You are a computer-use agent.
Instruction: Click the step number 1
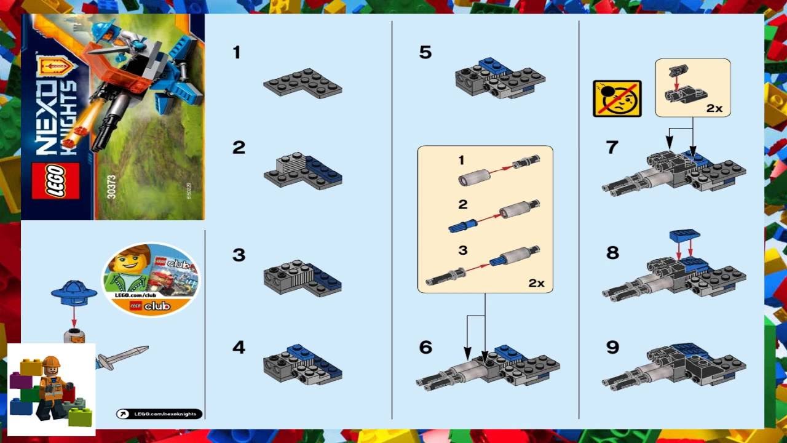pos(237,52)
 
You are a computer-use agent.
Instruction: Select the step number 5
pos(425,52)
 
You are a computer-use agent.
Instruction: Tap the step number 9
pos(612,347)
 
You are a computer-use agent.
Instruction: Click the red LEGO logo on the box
pos(55,182)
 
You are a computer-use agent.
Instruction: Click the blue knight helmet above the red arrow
pos(74,291)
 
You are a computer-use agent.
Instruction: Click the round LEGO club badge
pos(151,279)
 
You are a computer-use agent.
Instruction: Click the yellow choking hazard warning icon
pos(617,98)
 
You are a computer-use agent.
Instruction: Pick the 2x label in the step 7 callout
pos(714,108)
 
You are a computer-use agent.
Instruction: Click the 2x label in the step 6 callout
pos(536,283)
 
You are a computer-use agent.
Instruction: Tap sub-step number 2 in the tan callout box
pos(462,204)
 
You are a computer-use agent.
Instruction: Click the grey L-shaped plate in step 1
pos(303,82)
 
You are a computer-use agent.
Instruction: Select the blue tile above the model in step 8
pos(684,235)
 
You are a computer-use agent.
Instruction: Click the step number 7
pos(611,148)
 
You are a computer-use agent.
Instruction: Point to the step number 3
pos(239,255)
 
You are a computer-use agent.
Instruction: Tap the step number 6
pos(425,347)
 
